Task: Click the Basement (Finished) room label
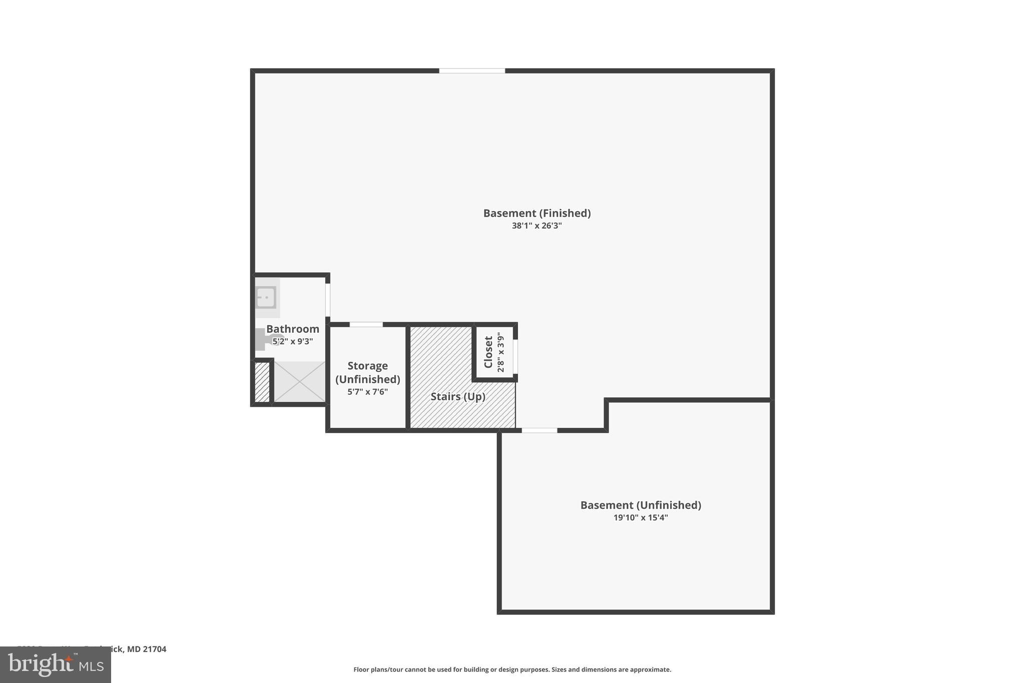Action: pyautogui.click(x=537, y=213)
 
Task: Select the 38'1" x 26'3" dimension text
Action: pyautogui.click(x=537, y=226)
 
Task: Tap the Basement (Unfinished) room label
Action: pyautogui.click(x=641, y=505)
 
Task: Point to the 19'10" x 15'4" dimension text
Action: pyautogui.click(x=641, y=518)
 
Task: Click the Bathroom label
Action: pyautogui.click(x=293, y=329)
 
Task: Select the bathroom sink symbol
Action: pyautogui.click(x=266, y=298)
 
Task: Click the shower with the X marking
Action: pyautogui.click(x=299, y=381)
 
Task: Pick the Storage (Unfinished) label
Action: pyautogui.click(x=368, y=372)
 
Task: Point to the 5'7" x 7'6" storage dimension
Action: pyautogui.click(x=368, y=392)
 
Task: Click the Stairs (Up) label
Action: pyautogui.click(x=458, y=397)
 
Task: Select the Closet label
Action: pyautogui.click(x=488, y=351)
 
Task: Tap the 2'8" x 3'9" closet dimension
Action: pyautogui.click(x=500, y=352)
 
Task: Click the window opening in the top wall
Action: pyautogui.click(x=472, y=71)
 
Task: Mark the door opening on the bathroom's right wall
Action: pyautogui.click(x=328, y=300)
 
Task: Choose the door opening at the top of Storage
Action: pyautogui.click(x=366, y=325)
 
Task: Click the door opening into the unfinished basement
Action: pyautogui.click(x=540, y=430)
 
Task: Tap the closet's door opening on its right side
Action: pyautogui.click(x=515, y=356)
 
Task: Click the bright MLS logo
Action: pyautogui.click(x=56, y=664)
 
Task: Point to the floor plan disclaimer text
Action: pyautogui.click(x=512, y=669)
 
